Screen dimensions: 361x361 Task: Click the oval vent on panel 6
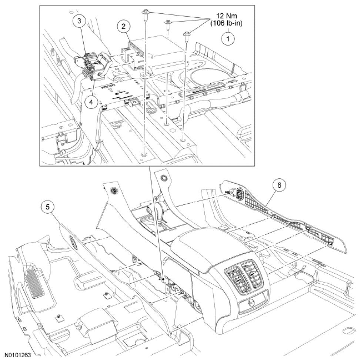239,194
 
